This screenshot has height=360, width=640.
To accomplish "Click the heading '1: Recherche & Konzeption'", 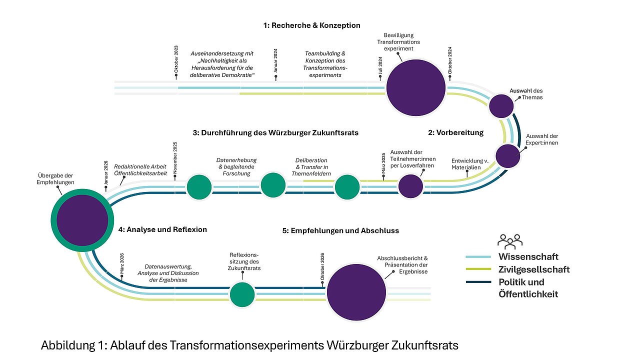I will [312, 25].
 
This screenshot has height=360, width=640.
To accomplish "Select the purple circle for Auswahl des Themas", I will [501, 106].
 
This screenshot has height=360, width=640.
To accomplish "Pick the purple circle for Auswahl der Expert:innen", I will [508, 155].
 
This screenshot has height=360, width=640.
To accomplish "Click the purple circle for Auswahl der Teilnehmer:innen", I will [410, 186].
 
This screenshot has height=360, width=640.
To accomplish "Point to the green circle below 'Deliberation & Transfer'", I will [347, 187].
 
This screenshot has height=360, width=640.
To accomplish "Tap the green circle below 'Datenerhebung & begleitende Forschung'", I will [273, 184].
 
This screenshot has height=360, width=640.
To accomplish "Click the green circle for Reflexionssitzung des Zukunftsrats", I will [242, 294].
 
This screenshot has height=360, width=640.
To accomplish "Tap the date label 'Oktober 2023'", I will [176, 60].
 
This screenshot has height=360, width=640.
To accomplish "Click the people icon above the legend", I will [509, 241].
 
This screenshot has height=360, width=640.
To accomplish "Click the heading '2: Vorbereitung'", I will [455, 132].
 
